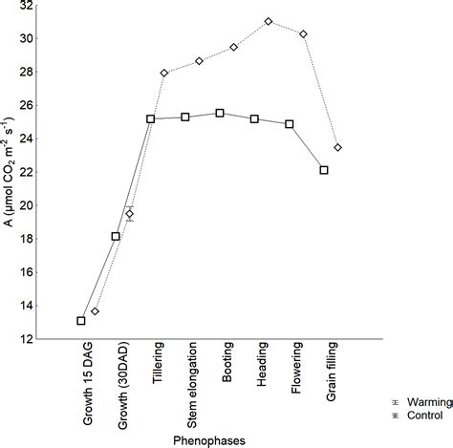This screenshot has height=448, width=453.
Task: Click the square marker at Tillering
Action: click(151, 119)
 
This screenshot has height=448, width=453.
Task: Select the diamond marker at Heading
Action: click(269, 21)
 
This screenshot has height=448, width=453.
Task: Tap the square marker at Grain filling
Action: click(324, 170)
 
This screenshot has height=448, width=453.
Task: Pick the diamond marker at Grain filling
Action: click(338, 147)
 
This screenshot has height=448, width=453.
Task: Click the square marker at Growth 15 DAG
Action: click(81, 321)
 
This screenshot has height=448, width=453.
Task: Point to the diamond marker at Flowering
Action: click(303, 34)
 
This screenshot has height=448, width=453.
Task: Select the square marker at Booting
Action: click(220, 113)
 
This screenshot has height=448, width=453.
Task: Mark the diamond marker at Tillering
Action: click(164, 74)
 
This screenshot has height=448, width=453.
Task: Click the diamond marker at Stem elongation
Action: click(199, 61)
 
